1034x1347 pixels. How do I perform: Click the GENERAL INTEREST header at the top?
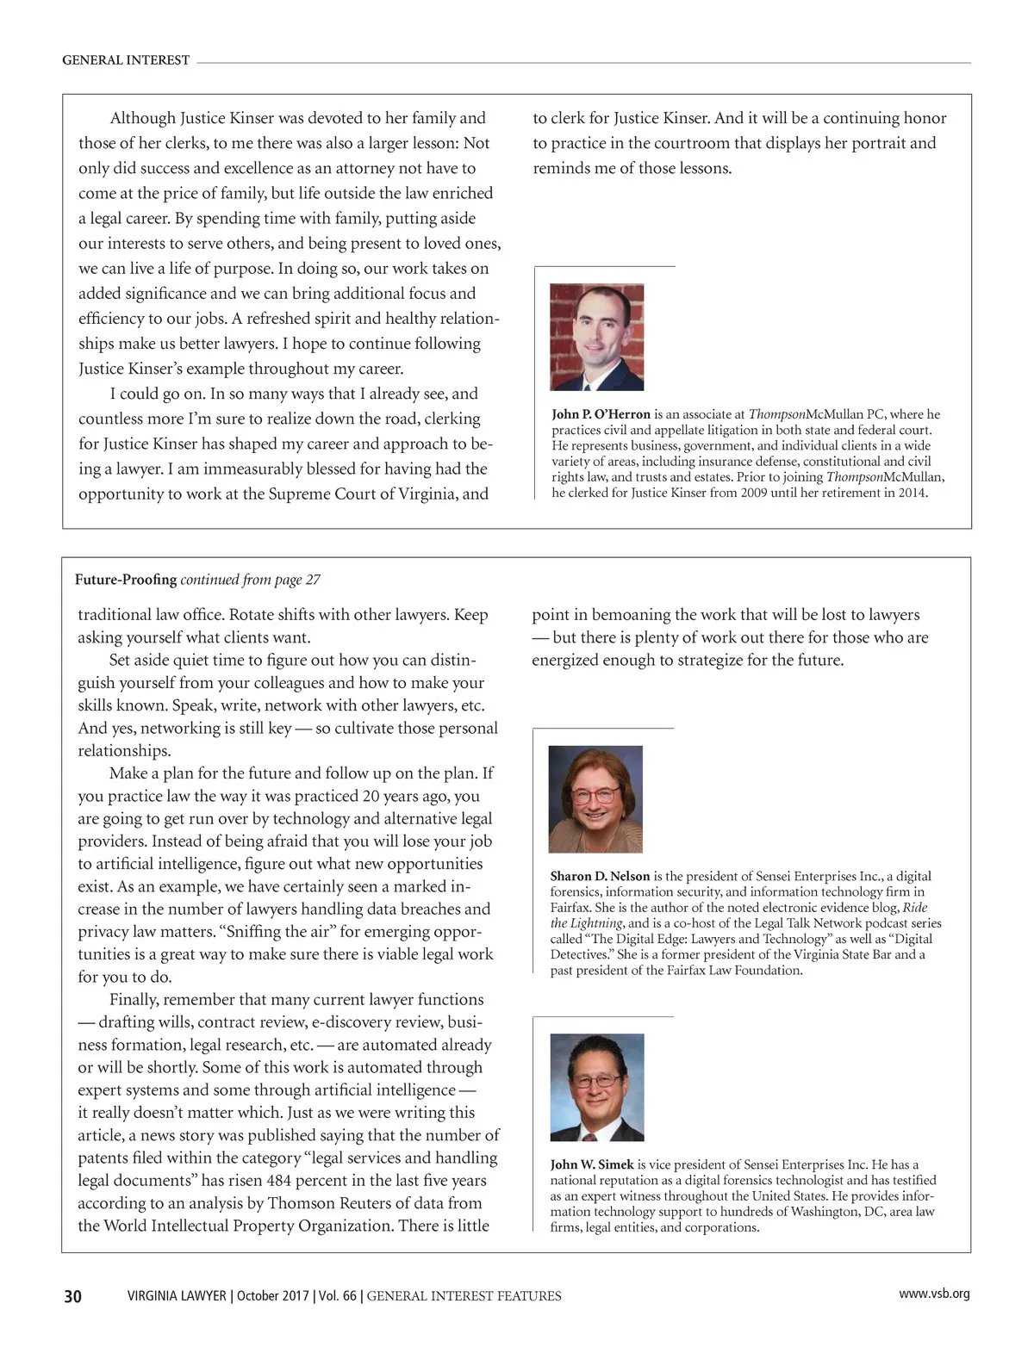[126, 60]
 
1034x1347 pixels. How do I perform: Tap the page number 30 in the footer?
[73, 1296]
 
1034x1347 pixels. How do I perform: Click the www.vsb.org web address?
[934, 1294]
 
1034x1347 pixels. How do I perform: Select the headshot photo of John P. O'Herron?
[597, 337]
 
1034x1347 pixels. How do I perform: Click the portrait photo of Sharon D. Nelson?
[595, 799]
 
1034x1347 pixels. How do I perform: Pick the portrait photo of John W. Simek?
[596, 1087]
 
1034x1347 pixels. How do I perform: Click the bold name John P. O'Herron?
[601, 414]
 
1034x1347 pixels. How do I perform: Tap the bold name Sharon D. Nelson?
[600, 876]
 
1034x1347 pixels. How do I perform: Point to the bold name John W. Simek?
[592, 1164]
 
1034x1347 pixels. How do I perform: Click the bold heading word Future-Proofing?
[126, 580]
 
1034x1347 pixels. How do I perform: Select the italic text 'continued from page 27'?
[250, 580]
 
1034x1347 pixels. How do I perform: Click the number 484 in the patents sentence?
[279, 1181]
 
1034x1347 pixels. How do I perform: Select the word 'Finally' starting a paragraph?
[134, 1000]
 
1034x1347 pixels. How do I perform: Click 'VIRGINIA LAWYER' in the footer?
[177, 1296]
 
